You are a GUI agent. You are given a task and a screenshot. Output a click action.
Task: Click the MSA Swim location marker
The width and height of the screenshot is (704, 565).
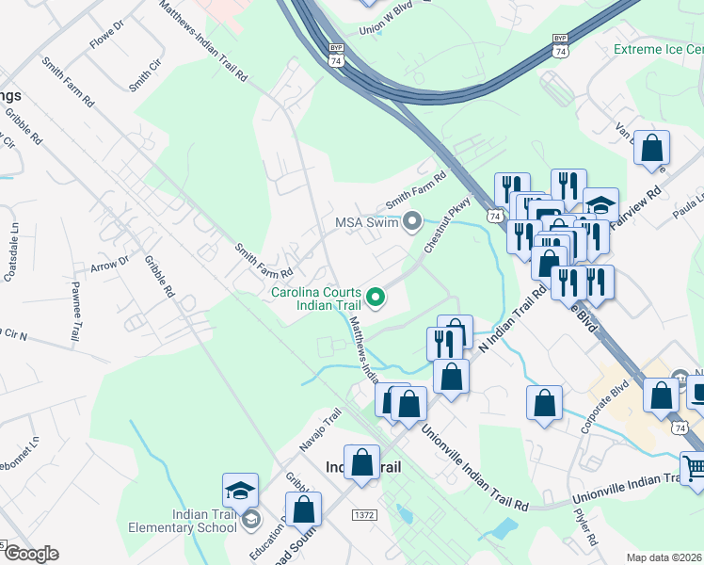pos(411,223)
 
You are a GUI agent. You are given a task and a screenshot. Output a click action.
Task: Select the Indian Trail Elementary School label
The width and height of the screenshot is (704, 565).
pos(204,521)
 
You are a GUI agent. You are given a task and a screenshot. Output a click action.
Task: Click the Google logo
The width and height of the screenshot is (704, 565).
pos(31,554)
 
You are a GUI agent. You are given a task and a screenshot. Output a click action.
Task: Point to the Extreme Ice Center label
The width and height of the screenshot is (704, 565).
pos(658,49)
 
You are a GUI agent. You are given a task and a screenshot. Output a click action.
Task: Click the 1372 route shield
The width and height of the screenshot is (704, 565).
pos(366,515)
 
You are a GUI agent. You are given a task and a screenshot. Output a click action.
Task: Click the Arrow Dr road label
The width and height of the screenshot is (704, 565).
pos(109,266)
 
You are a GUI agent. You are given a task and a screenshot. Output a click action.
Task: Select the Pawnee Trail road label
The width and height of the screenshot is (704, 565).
pos(74,311)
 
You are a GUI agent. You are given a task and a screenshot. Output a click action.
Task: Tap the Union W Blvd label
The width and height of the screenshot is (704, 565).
pos(379,30)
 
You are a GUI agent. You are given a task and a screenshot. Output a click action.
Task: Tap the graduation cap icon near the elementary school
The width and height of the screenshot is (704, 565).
pos(240,491)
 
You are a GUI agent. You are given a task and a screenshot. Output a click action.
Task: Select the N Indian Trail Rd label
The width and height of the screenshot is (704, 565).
pos(512,320)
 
